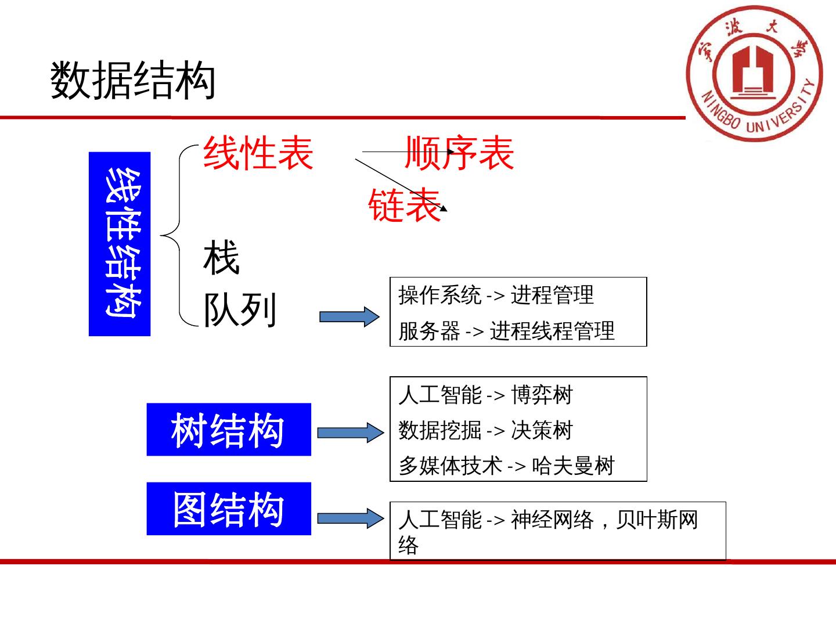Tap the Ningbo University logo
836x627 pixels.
754,74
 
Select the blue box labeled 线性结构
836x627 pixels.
120,244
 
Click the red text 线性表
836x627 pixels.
258,153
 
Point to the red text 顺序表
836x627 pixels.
459,153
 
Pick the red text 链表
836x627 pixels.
405,205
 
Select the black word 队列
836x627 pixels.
240,309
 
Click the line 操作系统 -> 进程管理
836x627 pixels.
496,296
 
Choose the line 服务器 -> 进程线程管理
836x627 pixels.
506,331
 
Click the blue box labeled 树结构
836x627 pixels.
229,430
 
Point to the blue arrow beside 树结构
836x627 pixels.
350,433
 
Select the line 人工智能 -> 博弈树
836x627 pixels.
486,395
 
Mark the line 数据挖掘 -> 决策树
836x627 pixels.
486,430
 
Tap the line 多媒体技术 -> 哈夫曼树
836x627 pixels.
506,466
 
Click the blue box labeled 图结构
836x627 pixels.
229,509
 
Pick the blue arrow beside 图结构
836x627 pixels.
350,518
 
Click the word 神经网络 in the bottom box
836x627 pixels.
552,520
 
